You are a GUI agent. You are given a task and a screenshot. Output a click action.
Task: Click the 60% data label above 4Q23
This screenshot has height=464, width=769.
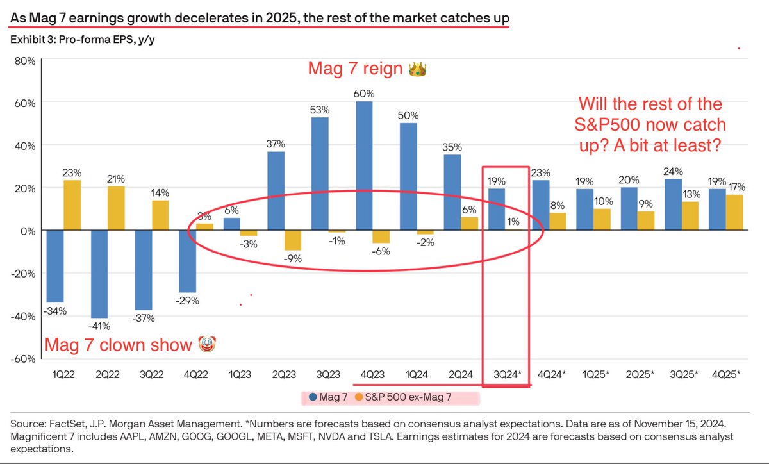364,94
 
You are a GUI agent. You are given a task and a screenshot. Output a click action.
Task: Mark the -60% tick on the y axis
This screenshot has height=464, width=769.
23,358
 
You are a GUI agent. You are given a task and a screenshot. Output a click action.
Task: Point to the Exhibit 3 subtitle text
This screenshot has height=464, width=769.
83,40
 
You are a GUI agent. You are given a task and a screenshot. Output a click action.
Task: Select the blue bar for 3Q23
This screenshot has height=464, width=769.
321,173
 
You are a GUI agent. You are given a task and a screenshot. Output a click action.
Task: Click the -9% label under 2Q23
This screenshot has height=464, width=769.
294,259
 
